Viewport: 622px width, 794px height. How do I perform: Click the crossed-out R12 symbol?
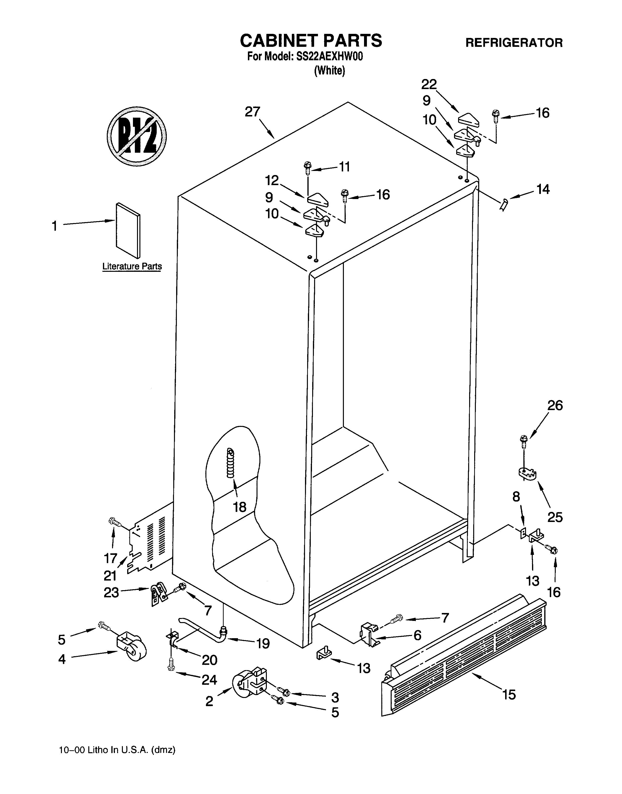(x=137, y=136)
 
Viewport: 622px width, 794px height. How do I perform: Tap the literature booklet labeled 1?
(x=128, y=230)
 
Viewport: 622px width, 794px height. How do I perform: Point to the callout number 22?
(x=429, y=85)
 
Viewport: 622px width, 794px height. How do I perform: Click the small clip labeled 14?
(x=504, y=205)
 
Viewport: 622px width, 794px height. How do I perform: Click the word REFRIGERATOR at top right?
(x=514, y=43)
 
